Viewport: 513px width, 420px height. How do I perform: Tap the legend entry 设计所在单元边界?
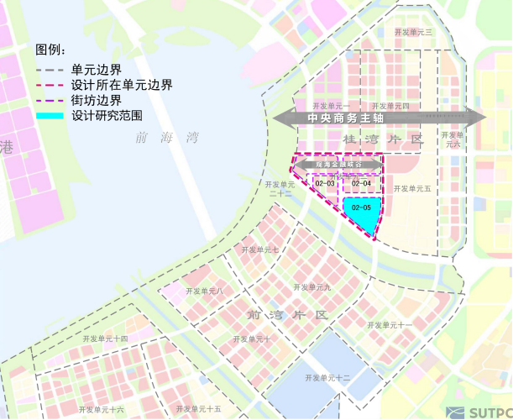pyautogui.click(x=122, y=85)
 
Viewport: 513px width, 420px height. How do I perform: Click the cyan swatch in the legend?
pyautogui.click(x=50, y=115)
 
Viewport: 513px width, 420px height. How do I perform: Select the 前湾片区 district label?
pyautogui.click(x=285, y=314)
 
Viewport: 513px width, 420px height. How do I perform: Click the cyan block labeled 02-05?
pyautogui.click(x=362, y=210)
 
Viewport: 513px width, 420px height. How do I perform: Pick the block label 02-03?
pyautogui.click(x=326, y=183)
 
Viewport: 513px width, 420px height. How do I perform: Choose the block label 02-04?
pyautogui.click(x=362, y=183)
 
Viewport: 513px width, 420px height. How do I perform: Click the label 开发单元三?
pyautogui.click(x=412, y=32)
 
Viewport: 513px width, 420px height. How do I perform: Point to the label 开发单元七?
pyautogui.click(x=260, y=249)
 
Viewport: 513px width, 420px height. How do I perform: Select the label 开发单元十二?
pyautogui.click(x=328, y=378)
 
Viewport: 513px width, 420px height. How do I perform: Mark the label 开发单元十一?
pyautogui.click(x=390, y=324)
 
